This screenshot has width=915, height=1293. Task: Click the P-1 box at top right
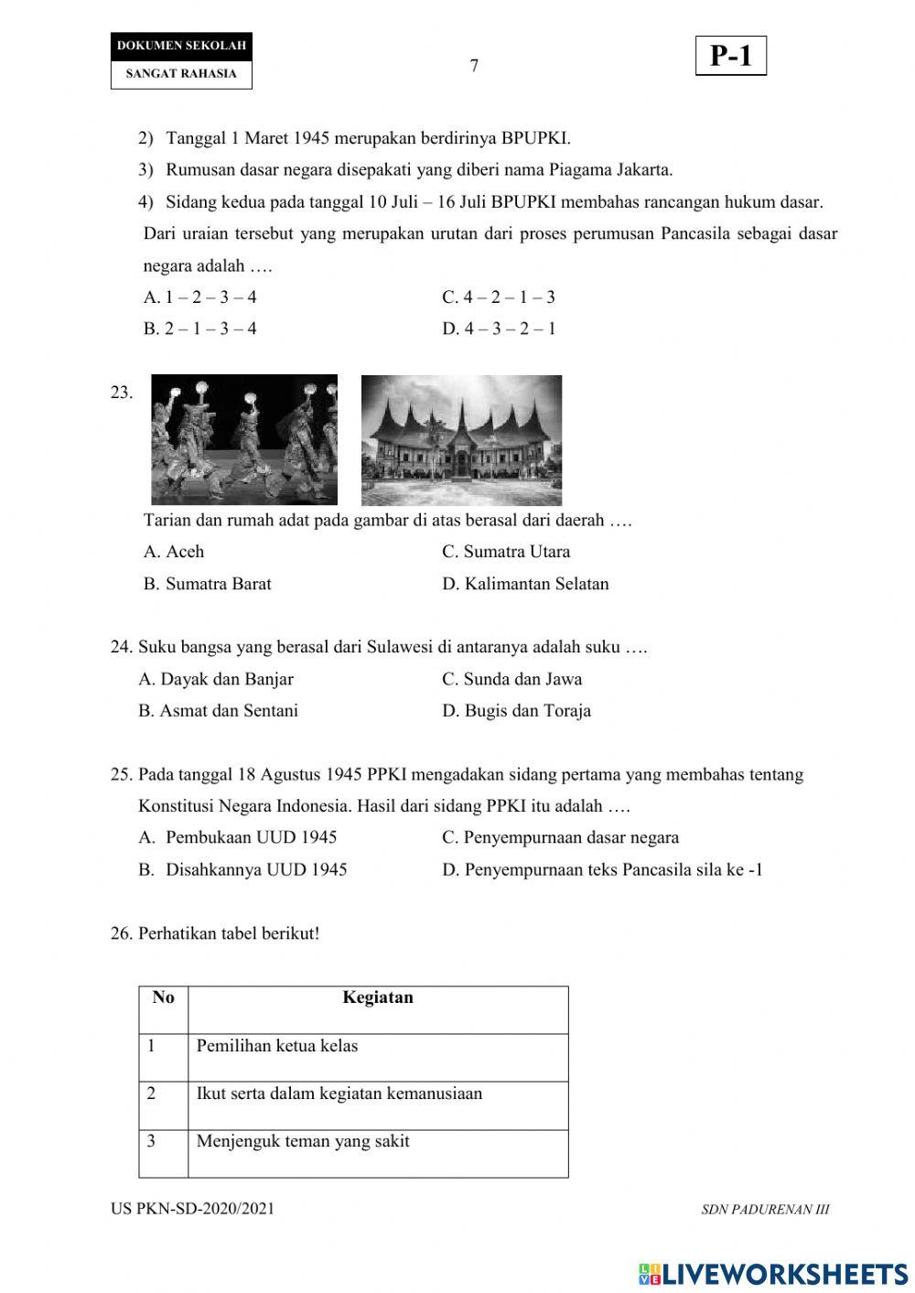[x=730, y=57]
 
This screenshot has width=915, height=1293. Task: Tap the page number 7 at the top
[x=474, y=66]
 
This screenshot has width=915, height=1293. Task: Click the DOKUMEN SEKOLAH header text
[x=181, y=46]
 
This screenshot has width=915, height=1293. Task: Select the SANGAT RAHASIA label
[x=181, y=74]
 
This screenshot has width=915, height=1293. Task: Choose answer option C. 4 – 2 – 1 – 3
[x=499, y=297]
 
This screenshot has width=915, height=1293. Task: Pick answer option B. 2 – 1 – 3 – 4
[x=199, y=329]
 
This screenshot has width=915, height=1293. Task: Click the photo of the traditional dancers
[x=244, y=439]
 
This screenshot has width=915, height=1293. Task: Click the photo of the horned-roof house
[x=461, y=440]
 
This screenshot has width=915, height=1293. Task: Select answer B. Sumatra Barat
[x=207, y=584]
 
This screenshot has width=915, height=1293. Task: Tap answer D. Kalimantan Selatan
[x=525, y=584]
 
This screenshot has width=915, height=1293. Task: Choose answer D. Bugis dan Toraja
[x=516, y=711]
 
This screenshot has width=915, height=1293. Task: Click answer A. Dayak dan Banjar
[x=216, y=679]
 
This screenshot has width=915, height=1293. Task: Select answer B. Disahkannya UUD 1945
[x=242, y=869]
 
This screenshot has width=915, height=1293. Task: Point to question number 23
[x=121, y=393]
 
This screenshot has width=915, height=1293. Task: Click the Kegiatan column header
[x=378, y=997]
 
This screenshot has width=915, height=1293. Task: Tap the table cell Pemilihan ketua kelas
[x=276, y=1046]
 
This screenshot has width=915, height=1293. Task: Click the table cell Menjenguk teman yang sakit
[x=302, y=1141]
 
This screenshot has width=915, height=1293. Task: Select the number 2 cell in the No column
[x=152, y=1094]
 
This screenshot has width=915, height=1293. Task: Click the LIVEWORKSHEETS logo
[x=773, y=1273]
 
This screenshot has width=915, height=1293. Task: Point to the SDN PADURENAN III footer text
[x=765, y=1210]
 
